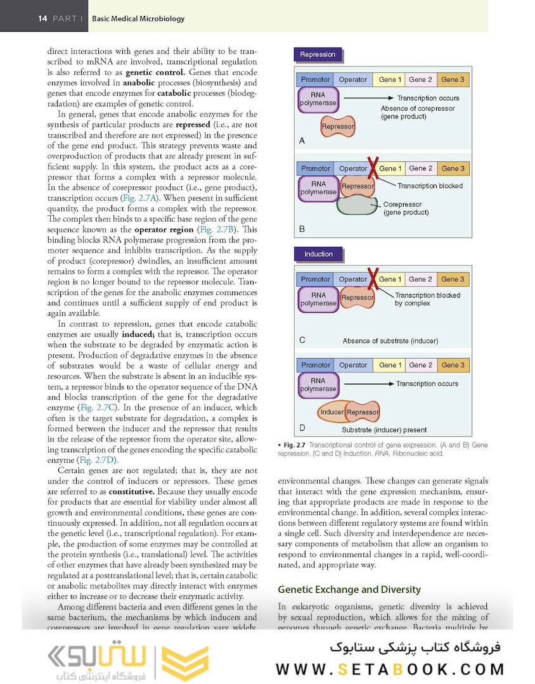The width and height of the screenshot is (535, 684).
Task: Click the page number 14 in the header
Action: tap(42, 18)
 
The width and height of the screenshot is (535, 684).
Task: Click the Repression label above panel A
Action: tap(318, 54)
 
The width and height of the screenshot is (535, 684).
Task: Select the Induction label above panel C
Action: tap(318, 254)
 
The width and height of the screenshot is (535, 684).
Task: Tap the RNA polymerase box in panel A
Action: tap(318, 99)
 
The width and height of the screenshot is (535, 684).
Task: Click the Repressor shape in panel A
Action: tap(338, 127)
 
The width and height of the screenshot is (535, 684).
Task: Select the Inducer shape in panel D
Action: tap(332, 412)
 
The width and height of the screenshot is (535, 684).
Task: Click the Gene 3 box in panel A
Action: tap(453, 80)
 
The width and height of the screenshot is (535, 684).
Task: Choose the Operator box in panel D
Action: tap(353, 365)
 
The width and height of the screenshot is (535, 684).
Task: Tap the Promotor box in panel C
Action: tap(316, 279)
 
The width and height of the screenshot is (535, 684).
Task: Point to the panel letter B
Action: tap(302, 229)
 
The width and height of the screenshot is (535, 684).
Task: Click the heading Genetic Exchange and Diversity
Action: tap(349, 590)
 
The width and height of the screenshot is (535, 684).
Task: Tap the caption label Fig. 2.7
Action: tap(295, 445)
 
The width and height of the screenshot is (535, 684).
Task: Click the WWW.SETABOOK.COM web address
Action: tap(389, 669)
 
